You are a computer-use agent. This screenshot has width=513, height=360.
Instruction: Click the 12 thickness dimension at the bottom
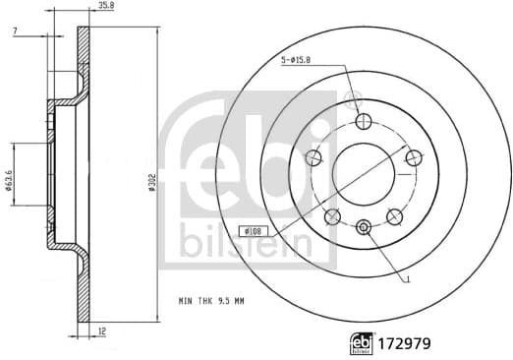pyautogui.click(x=103, y=333)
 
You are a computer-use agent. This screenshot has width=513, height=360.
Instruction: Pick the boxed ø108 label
pyautogui.click(x=255, y=231)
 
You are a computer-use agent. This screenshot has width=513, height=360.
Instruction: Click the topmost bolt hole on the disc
pyautogui.click(x=364, y=122)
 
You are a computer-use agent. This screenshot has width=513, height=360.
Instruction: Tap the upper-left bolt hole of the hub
pyautogui.click(x=315, y=157)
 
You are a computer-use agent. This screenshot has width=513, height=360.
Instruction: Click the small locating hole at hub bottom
pyautogui.click(x=364, y=227)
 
